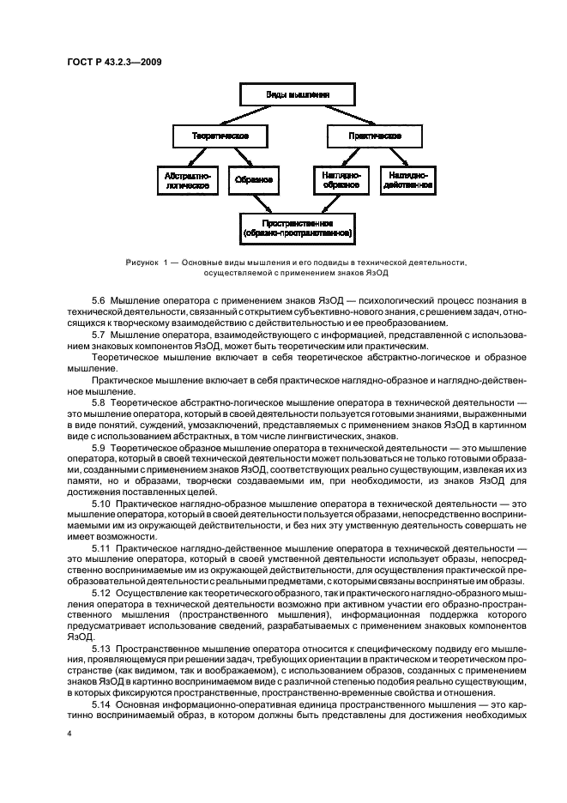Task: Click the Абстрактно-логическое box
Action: coord(186,179)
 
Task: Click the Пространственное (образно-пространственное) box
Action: coord(297,226)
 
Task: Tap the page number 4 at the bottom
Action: coord(68,734)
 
